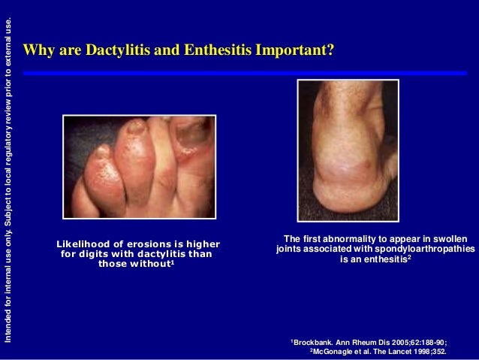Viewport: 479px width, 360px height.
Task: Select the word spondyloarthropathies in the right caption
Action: point(427,249)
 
